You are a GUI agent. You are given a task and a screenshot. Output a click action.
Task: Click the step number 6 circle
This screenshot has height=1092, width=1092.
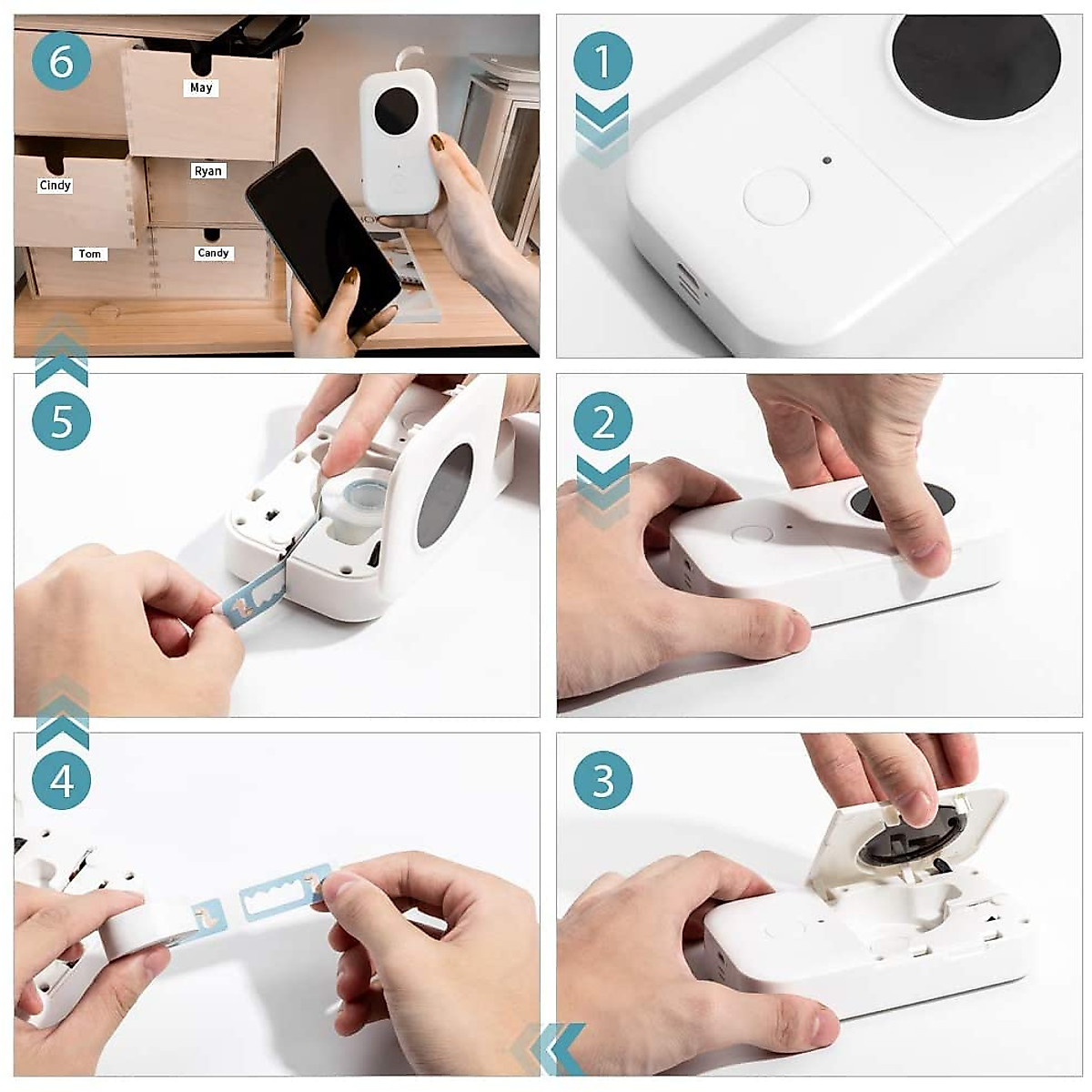point(61,61)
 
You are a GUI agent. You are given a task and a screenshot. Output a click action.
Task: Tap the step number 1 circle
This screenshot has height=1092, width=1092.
point(603,61)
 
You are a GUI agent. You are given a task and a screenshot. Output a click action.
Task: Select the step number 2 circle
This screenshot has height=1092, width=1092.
point(603,421)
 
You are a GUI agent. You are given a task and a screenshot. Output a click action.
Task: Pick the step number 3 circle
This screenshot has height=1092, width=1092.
point(603,780)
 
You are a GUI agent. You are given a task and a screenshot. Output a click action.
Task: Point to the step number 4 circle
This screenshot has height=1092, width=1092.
point(61,780)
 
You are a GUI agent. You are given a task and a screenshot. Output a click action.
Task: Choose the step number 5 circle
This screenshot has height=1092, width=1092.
point(61,421)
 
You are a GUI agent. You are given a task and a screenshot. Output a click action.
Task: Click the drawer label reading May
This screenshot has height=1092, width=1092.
point(201,88)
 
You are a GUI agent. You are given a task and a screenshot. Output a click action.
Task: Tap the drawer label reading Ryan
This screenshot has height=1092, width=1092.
point(208,171)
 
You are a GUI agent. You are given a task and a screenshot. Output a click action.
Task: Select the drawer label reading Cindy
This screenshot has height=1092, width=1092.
point(55,186)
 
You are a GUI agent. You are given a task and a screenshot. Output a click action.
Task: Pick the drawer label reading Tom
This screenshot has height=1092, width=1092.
point(89,254)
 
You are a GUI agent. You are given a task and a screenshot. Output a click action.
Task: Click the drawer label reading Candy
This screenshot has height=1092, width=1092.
point(213,253)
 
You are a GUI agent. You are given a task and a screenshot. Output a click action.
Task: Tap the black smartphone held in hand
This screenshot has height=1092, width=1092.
point(323,241)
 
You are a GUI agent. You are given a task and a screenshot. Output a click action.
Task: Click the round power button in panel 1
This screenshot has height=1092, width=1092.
point(776,196)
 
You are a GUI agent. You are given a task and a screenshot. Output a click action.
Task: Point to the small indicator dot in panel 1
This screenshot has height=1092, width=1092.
point(826,160)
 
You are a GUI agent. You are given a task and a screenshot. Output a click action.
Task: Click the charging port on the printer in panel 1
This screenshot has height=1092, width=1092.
point(691,280)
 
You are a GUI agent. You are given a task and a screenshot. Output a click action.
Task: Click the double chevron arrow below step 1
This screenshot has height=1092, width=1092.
point(602,131)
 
